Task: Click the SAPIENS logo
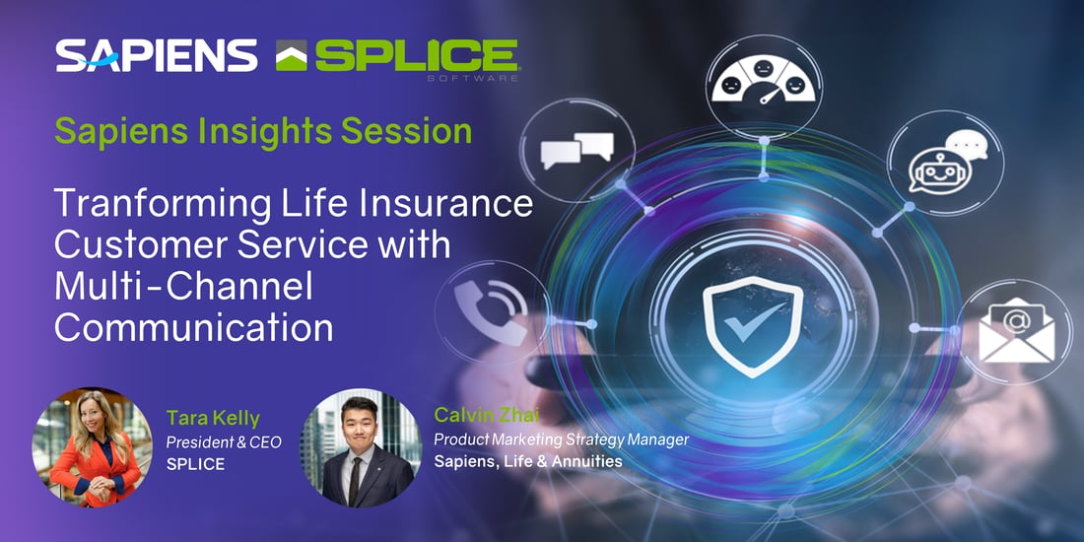157,55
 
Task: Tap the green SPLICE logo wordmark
416,55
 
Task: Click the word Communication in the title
194,328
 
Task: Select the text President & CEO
224,442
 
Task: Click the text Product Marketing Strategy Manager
562,439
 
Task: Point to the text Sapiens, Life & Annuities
528,461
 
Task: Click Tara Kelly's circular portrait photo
92,447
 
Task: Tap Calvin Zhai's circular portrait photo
360,447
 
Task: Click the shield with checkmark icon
753,326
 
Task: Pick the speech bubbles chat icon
577,150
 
